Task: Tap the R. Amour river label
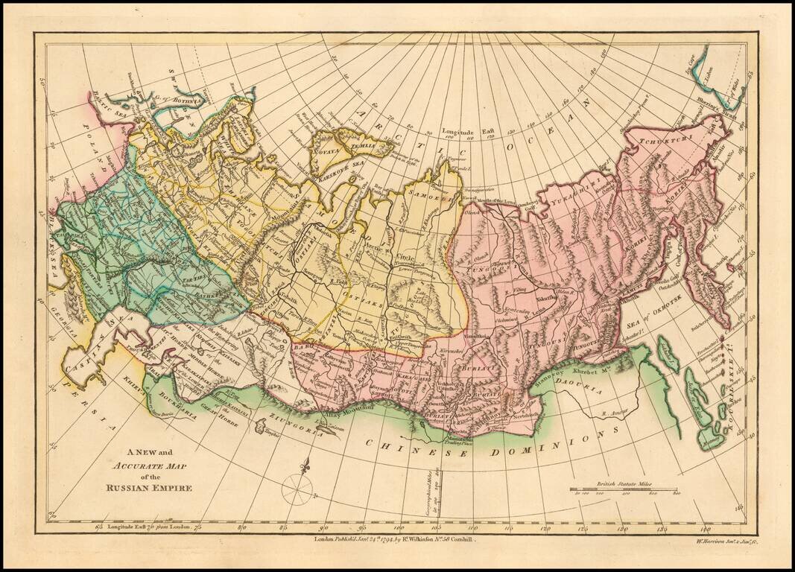tap(609, 410)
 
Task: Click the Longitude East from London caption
tap(149, 526)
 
